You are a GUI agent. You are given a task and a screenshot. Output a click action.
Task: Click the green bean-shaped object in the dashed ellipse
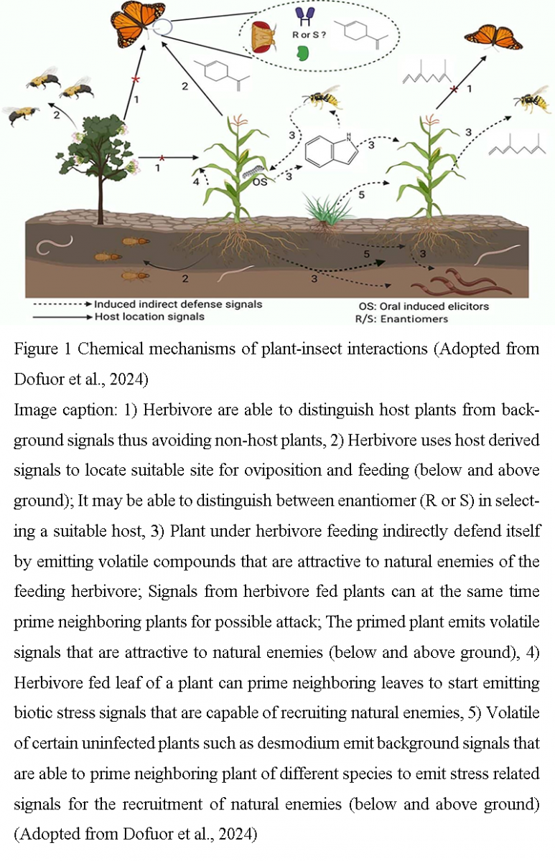pyautogui.click(x=302, y=53)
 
